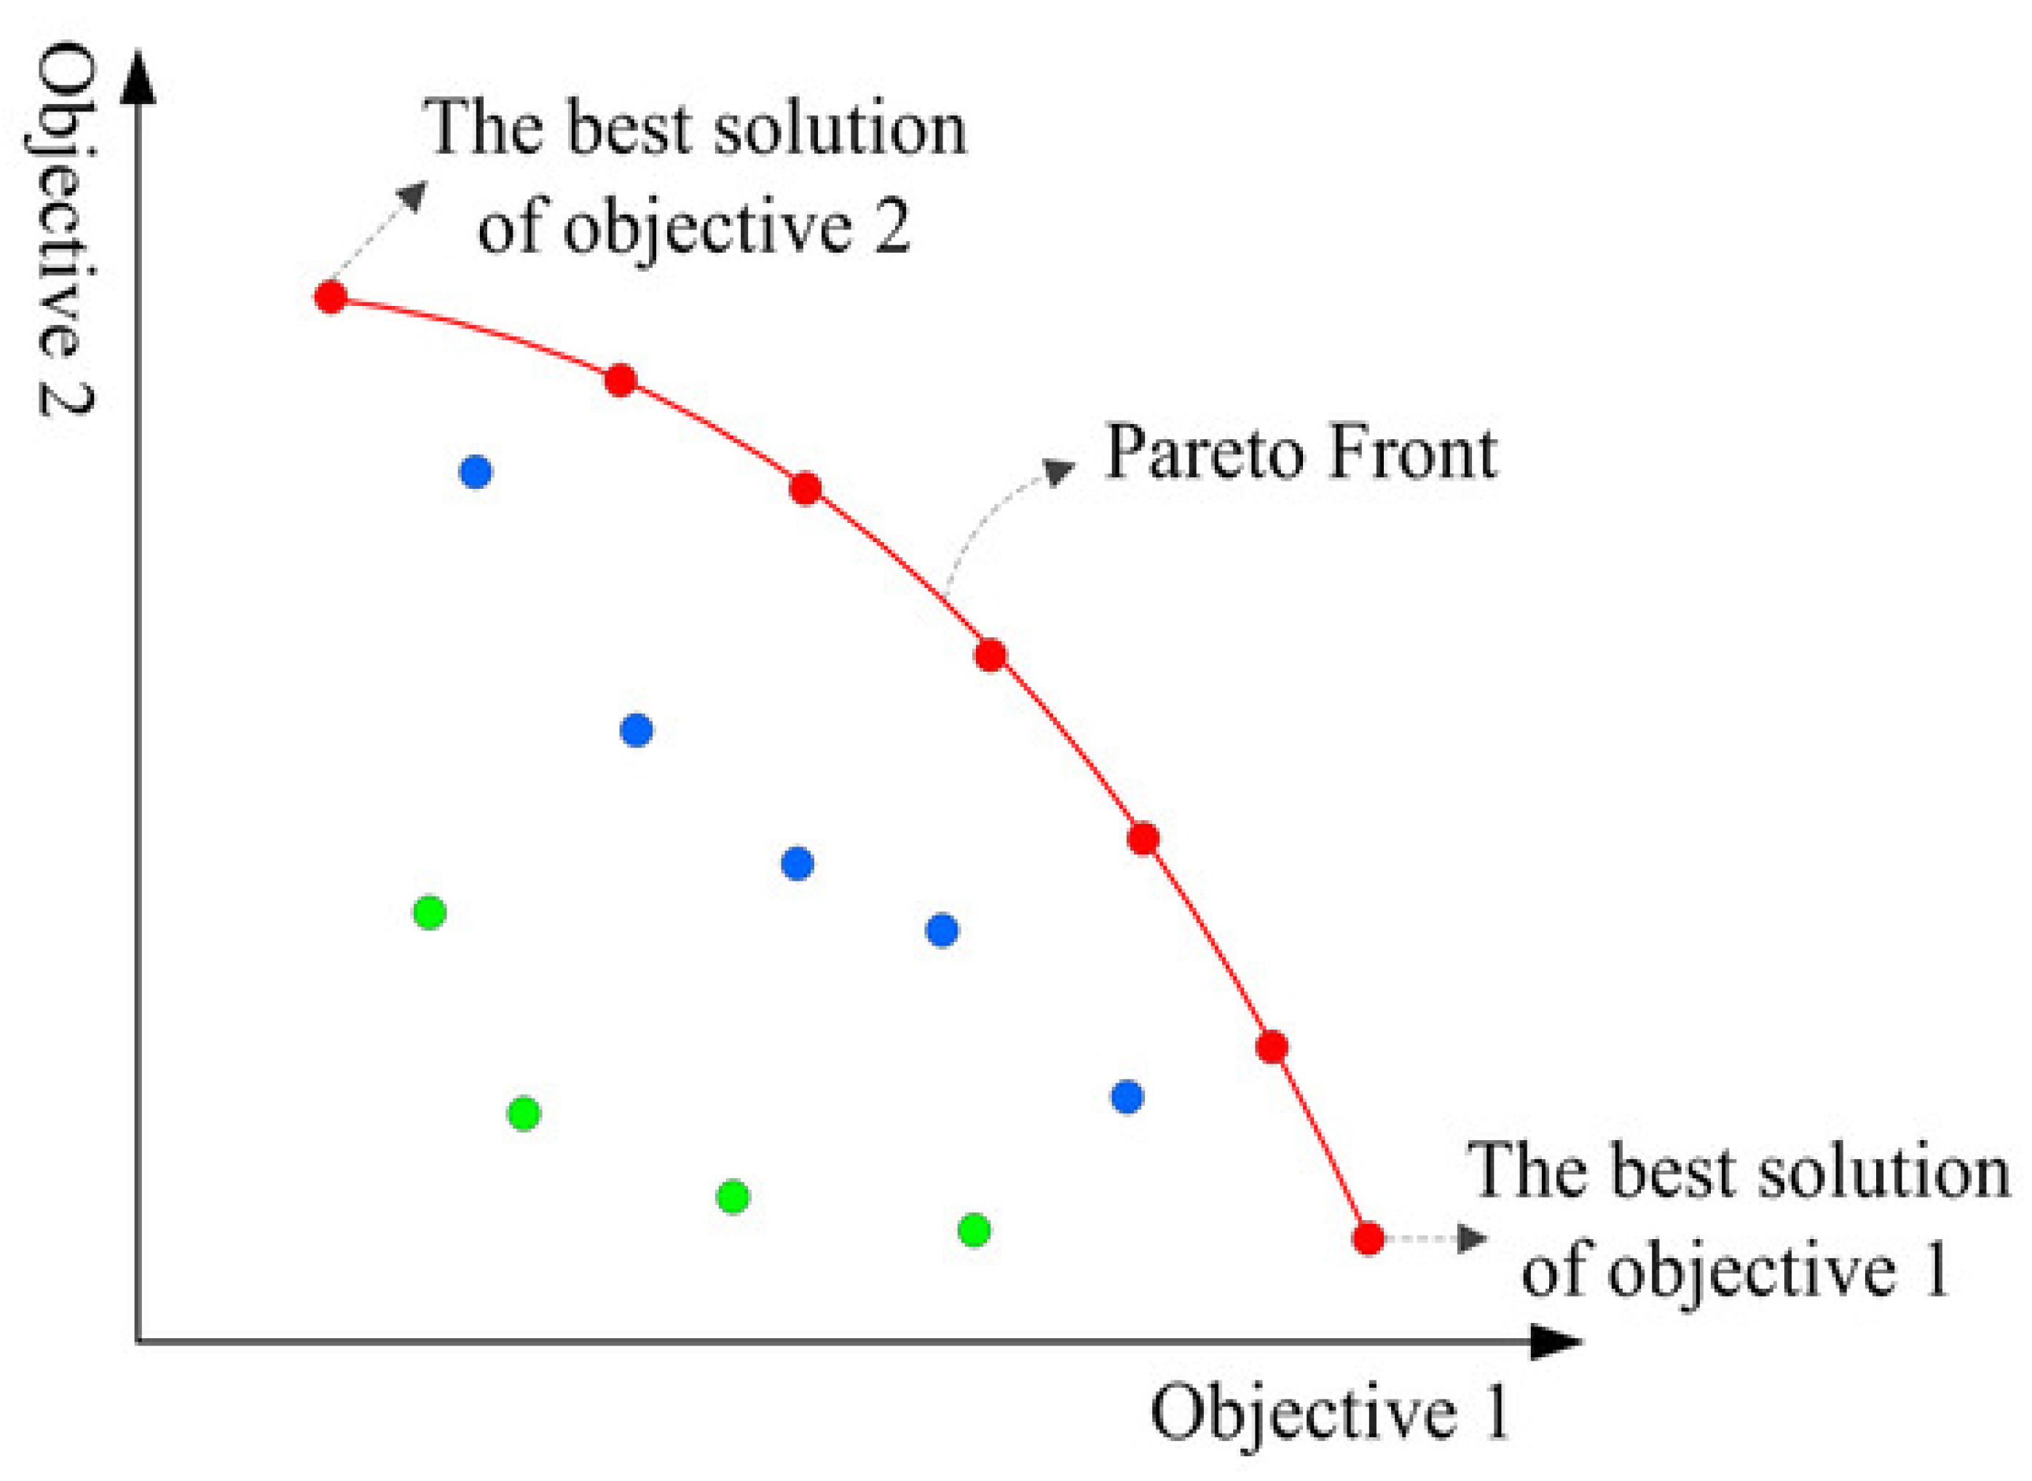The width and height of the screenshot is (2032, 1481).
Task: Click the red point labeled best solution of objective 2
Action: click(x=331, y=296)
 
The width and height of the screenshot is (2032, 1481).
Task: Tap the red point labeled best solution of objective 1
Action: click(x=1368, y=1239)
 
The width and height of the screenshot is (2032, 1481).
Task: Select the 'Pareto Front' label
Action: click(x=1301, y=452)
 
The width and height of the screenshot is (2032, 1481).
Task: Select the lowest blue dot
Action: click(x=1127, y=1096)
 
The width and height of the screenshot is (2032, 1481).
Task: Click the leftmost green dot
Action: click(x=430, y=913)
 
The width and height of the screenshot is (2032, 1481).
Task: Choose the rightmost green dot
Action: click(x=974, y=1230)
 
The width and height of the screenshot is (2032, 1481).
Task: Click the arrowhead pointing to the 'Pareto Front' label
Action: click(x=1061, y=470)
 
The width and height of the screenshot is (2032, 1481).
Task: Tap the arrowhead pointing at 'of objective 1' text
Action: click(x=1473, y=1239)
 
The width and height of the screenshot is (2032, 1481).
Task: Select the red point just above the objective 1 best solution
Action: click(x=1272, y=1046)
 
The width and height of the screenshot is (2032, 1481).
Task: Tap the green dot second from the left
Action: click(x=524, y=1113)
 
